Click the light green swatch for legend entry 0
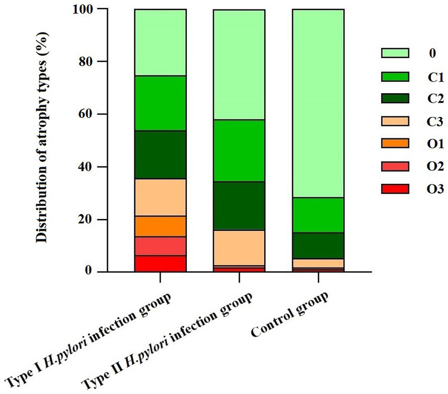[394, 53]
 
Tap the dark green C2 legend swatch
[394, 98]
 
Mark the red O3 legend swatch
[394, 189]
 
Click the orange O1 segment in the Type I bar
[160, 226]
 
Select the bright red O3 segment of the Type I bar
[160, 263]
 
